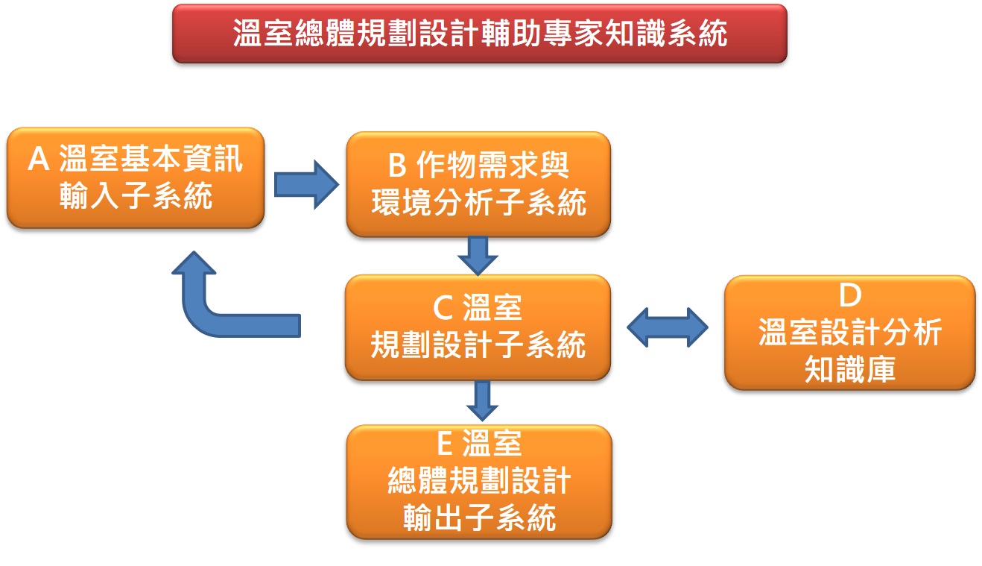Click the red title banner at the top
click(479, 34)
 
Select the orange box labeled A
click(136, 178)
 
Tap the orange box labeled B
click(478, 184)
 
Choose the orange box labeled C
click(478, 327)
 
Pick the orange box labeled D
click(849, 333)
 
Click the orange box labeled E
click(479, 482)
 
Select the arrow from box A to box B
click(305, 183)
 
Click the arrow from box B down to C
click(478, 255)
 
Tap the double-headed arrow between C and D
click(668, 327)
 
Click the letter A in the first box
click(39, 160)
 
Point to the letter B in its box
click(399, 166)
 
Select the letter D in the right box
click(849, 296)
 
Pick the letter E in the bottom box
click(444, 444)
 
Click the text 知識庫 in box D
click(849, 370)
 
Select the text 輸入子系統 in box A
click(136, 198)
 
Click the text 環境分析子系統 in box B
click(478, 204)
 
